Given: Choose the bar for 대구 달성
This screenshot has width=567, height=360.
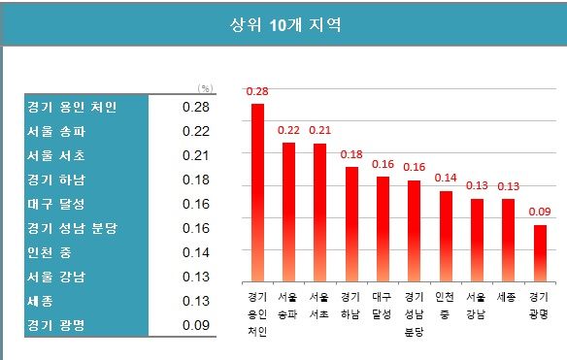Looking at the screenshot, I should pyautogui.click(x=383, y=229).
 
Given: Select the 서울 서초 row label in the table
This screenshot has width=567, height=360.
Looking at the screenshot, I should pyautogui.click(x=57, y=154).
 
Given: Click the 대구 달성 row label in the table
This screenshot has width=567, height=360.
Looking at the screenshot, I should pyautogui.click(x=57, y=204).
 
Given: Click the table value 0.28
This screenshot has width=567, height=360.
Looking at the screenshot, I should pyautogui.click(x=196, y=106).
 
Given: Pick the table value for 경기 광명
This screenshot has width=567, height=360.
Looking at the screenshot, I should pyautogui.click(x=196, y=325).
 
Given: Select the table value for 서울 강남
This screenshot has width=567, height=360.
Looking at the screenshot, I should pyautogui.click(x=196, y=277).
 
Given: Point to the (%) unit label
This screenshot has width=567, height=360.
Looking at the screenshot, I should pyautogui.click(x=204, y=87).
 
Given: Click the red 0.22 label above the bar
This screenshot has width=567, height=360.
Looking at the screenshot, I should pyautogui.click(x=288, y=129).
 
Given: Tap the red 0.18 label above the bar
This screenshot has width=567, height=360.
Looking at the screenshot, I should pyautogui.click(x=351, y=153).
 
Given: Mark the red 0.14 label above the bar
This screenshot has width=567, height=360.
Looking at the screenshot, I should pyautogui.click(x=446, y=178).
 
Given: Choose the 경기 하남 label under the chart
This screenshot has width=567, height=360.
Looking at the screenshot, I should pyautogui.click(x=351, y=305).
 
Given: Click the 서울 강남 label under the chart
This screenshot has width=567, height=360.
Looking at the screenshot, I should pyautogui.click(x=477, y=305).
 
